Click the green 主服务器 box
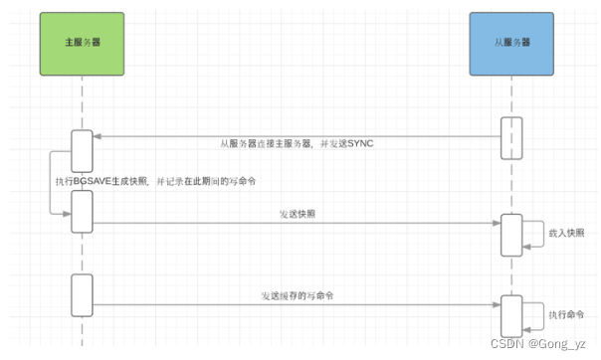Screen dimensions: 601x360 tap(82, 44)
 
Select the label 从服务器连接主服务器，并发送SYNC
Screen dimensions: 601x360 tap(297, 144)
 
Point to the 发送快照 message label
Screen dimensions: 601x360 tap(298, 214)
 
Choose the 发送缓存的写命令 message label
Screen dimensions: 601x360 tap(298, 295)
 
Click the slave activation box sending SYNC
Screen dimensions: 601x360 tap(510, 136)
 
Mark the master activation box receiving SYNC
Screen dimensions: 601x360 tap(82, 151)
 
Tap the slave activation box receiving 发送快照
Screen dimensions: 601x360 tap(510, 235)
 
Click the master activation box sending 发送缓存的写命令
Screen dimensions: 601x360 tap(82, 295)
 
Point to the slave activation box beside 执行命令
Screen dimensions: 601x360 tap(510, 315)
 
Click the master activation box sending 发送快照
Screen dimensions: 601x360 tap(82, 212)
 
